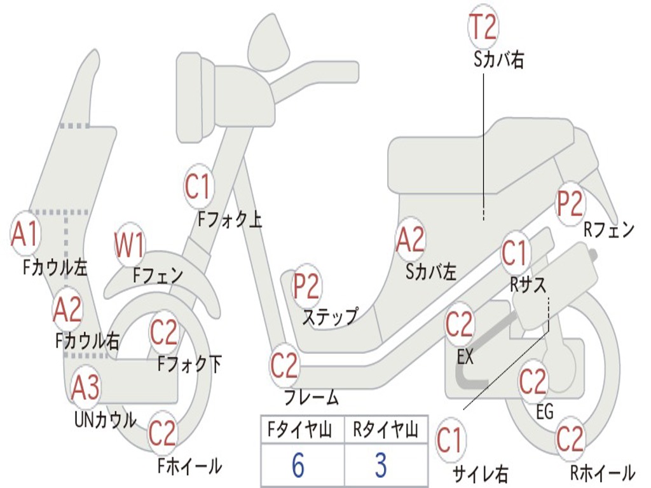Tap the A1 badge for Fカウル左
pos(25,234)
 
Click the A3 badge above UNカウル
pos(85,388)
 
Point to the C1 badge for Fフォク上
pos(198,186)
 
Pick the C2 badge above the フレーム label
pos(284,365)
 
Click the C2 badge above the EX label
pos(459,325)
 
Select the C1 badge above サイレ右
pos(449,440)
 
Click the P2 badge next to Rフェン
pos(570,203)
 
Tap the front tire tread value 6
pos(298,464)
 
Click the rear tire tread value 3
pos(381,464)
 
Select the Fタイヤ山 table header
pos(300,430)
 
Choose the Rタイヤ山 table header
pos(385,430)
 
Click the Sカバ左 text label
pos(431,272)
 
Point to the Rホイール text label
pos(603,473)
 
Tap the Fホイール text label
pos(189,466)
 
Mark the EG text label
pos(545,412)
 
